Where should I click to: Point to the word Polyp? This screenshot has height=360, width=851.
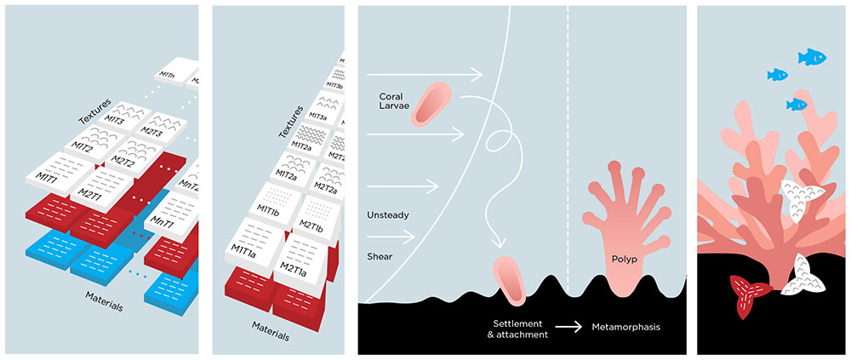624,258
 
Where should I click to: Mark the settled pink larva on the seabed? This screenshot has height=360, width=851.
511,280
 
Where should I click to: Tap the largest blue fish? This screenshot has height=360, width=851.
812,57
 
